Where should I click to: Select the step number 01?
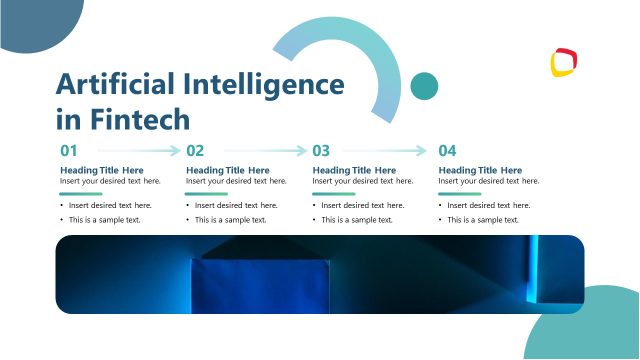(x=69, y=151)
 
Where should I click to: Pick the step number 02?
(x=195, y=151)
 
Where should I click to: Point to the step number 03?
(x=321, y=151)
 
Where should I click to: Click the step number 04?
(x=447, y=151)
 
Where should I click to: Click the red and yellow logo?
(x=565, y=63)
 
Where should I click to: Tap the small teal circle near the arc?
(x=425, y=86)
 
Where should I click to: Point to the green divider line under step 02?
(x=207, y=194)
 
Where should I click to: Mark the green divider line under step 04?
(x=460, y=194)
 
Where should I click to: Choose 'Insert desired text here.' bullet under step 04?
(x=488, y=205)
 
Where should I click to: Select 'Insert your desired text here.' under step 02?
(x=236, y=181)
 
